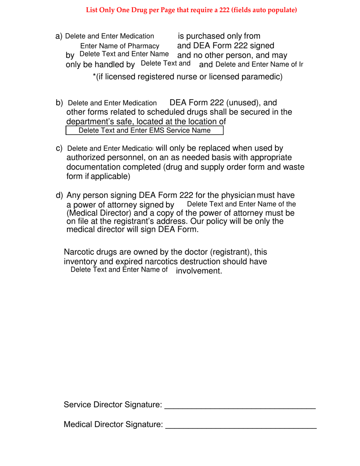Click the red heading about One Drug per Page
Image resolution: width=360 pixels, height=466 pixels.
point(191,10)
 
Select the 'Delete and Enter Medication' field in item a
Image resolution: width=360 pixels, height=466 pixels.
point(110,36)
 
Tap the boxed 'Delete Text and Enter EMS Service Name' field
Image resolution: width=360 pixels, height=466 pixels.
point(144,131)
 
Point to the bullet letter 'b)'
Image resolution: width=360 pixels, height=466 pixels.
point(59,103)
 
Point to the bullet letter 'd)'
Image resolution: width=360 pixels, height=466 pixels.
point(59,195)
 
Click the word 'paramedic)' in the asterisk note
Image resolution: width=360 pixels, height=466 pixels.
point(264,77)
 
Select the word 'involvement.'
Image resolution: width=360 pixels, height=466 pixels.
point(199,271)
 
